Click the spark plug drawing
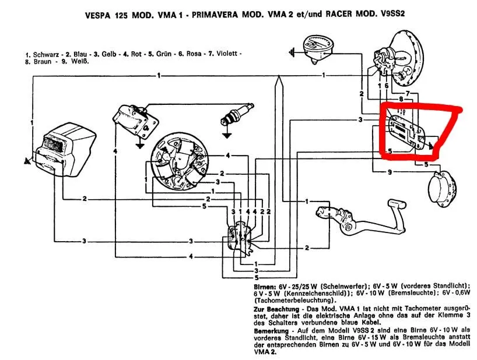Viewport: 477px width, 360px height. tap(236, 114)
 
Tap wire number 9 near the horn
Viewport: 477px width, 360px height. tap(390, 172)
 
